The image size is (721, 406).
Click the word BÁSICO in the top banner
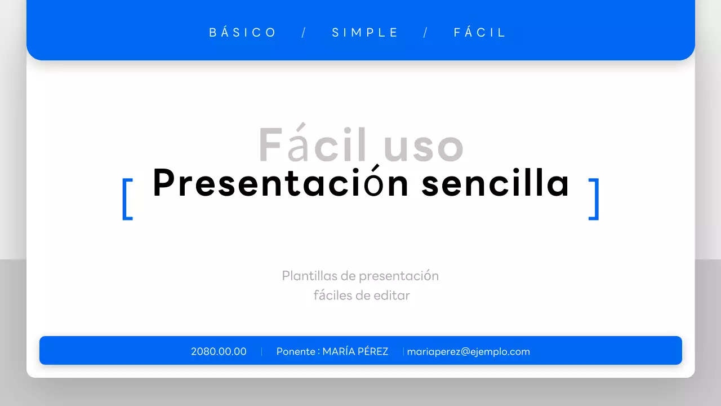tap(243, 33)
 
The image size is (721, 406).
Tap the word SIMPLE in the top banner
tap(365, 33)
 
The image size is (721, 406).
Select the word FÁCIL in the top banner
tap(480, 33)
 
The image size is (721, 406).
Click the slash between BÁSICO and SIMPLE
tap(304, 33)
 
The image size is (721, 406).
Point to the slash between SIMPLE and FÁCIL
tap(426, 33)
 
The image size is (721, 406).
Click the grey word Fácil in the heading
tap(312, 145)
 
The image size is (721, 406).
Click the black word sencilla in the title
tap(496, 184)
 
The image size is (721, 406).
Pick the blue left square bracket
tap(127, 198)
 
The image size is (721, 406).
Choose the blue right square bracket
tap(594, 198)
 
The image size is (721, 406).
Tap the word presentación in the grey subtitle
tap(399, 276)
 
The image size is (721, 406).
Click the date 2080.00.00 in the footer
tap(219, 352)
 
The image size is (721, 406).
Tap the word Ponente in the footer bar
tap(296, 352)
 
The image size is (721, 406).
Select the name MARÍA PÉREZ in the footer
tap(355, 352)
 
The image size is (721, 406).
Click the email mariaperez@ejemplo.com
tap(469, 352)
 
